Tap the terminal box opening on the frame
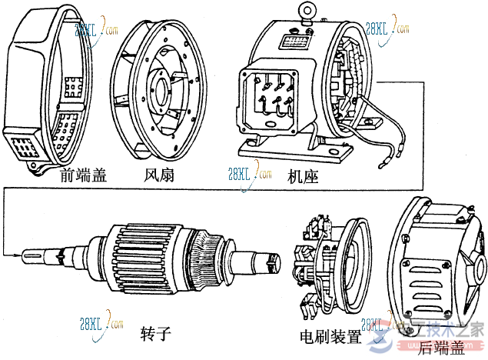[269, 99]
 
